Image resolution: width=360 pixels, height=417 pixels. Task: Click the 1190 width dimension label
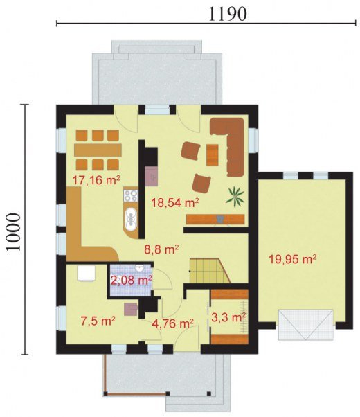pyautogui.click(x=227, y=14)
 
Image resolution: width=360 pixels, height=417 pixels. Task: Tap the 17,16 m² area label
pyautogui.click(x=96, y=181)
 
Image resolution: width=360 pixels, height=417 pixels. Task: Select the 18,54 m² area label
pyautogui.click(x=175, y=203)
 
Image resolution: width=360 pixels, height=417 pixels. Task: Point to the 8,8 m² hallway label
pyautogui.click(x=161, y=250)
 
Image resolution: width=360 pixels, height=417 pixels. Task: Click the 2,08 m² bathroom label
pyautogui.click(x=131, y=281)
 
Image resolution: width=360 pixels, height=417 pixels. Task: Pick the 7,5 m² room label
pyautogui.click(x=98, y=321)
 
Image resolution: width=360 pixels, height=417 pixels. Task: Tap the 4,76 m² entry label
pyautogui.click(x=172, y=323)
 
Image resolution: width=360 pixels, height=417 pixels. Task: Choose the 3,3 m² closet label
pyautogui.click(x=228, y=317)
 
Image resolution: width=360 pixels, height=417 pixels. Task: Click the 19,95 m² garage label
pyautogui.click(x=292, y=259)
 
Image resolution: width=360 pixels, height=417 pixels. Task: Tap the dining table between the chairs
pyautogui.click(x=98, y=150)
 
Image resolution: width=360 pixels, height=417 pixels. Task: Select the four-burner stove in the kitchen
pyautogui.click(x=131, y=196)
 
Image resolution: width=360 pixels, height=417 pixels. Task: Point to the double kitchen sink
pyautogui.click(x=131, y=219)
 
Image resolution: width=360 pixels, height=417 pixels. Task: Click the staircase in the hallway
pyautogui.click(x=210, y=271)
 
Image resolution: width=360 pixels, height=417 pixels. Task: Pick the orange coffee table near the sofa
pyautogui.click(x=212, y=155)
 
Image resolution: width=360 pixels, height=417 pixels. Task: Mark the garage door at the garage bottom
pyautogui.click(x=305, y=324)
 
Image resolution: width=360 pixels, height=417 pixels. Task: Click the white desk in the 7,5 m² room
pyautogui.click(x=86, y=273)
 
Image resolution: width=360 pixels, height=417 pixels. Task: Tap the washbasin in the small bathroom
pyautogui.click(x=139, y=268)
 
